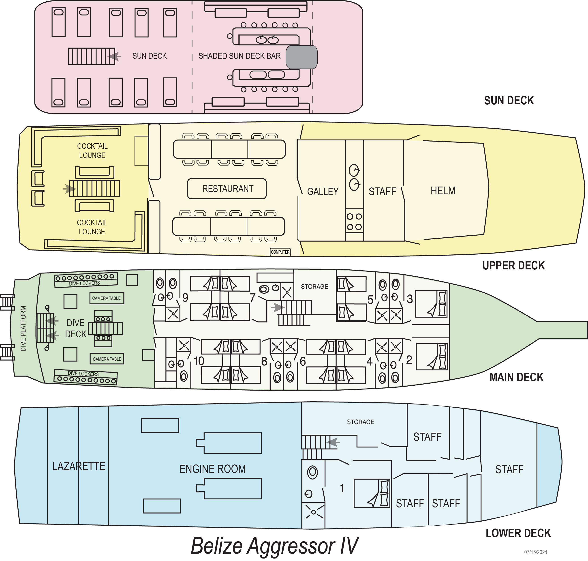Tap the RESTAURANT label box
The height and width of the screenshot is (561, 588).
[227, 189]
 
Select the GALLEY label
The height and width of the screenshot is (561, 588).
[323, 191]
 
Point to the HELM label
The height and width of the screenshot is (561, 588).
[443, 191]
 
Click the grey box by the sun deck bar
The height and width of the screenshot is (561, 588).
[301, 57]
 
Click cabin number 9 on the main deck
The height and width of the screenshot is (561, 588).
[185, 298]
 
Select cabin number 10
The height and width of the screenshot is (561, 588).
[199, 361]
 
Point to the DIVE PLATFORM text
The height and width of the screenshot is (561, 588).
[23, 328]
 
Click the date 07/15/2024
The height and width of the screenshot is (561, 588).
[535, 552]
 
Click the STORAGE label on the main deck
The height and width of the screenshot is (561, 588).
[314, 286]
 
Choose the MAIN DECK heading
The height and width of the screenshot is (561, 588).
[516, 377]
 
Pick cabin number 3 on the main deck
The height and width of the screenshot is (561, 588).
[410, 299]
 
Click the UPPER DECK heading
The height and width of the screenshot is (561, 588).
[513, 265]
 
